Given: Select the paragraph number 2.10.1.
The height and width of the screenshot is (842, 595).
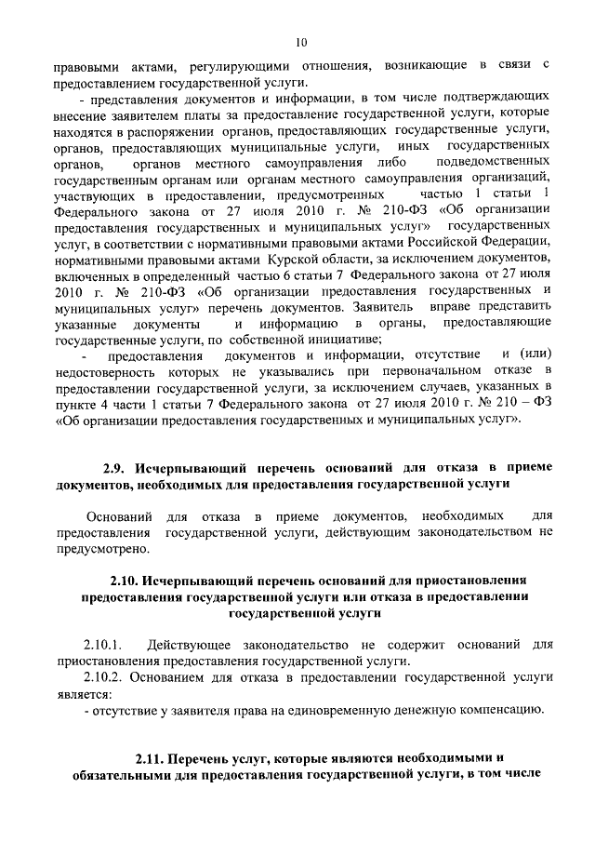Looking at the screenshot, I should [103, 643].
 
